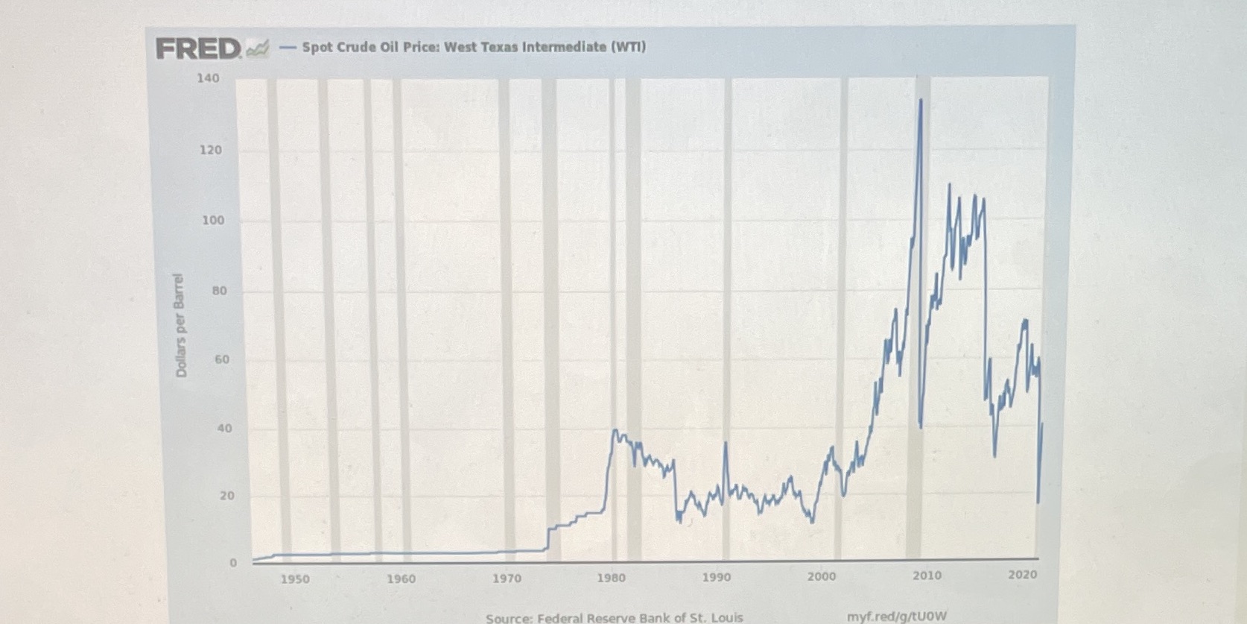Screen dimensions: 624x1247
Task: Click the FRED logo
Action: point(199,49)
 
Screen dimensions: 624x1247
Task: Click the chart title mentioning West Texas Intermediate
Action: point(474,47)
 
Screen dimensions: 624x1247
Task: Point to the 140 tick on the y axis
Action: point(209,78)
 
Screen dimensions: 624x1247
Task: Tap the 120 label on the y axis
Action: point(211,150)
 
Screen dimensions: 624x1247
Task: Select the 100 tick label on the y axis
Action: point(212,221)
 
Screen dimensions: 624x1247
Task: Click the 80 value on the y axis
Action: point(219,291)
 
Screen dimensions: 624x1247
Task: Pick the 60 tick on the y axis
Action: point(222,359)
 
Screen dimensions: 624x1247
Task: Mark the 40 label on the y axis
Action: point(224,429)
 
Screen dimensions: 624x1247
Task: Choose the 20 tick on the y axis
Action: point(226,496)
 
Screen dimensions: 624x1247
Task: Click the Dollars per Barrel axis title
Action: point(180,326)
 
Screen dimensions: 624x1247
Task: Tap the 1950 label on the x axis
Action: point(295,579)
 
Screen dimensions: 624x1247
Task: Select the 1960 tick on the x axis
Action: point(401,579)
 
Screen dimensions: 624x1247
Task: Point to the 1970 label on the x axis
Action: point(507,579)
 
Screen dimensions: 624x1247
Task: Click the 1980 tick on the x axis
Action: point(612,578)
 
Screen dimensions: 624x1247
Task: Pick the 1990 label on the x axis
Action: point(717,577)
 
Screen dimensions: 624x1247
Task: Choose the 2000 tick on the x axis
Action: point(822,576)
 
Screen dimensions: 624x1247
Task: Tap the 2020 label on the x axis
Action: point(1022,575)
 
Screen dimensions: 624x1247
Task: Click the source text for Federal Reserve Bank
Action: point(614,617)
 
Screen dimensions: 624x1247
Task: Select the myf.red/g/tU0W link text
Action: point(897,617)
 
